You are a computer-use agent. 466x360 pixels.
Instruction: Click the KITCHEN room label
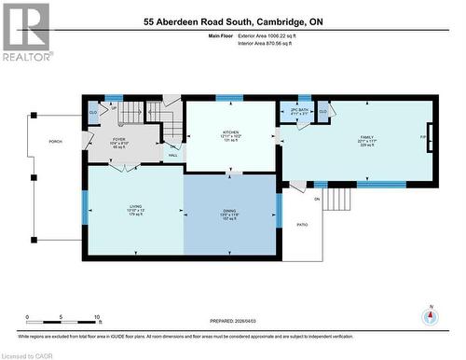coord(230,133)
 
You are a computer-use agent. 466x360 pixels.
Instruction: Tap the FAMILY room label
coord(367,137)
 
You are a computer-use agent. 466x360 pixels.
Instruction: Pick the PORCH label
coord(56,142)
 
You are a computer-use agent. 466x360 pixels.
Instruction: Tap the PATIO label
coord(302,225)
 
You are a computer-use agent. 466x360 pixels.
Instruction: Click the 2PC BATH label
coord(299,112)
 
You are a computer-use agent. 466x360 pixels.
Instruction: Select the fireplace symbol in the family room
coord(428,137)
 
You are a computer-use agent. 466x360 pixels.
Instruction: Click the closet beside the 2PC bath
coord(322,112)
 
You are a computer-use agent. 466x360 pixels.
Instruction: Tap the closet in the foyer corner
coord(93,112)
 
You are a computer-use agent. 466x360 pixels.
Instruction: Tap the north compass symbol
coord(430,317)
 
